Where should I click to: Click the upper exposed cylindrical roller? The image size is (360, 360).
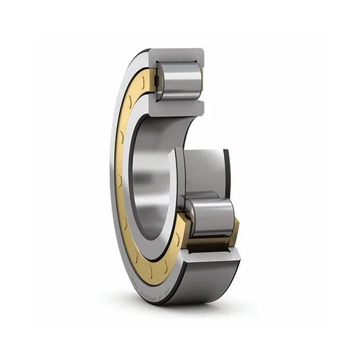pyautogui.click(x=179, y=82)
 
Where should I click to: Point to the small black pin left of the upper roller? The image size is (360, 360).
pyautogui.click(x=154, y=77)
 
